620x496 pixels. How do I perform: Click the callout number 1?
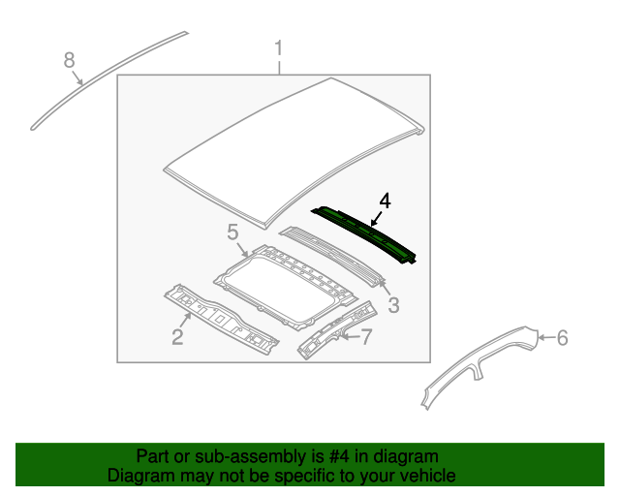point(279,47)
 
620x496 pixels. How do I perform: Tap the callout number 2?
point(177,337)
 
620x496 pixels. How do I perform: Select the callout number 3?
point(393,306)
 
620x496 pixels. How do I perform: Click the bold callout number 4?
point(385,201)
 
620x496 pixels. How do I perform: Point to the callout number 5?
point(232,232)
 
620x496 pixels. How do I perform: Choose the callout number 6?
point(562,337)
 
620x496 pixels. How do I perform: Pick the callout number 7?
point(366,337)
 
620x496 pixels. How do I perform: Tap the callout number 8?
point(69,60)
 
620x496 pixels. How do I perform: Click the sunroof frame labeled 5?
point(291,281)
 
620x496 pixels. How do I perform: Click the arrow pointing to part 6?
point(544,337)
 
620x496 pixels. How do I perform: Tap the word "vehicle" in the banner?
point(429,476)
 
